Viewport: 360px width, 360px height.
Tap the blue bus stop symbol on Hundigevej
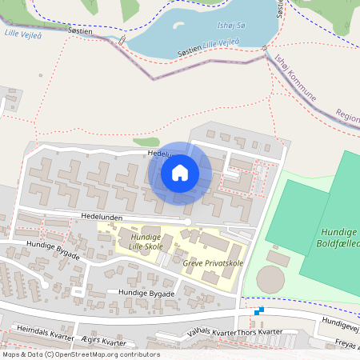[x=258, y=311]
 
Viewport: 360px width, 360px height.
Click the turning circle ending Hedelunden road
[x=187, y=222]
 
